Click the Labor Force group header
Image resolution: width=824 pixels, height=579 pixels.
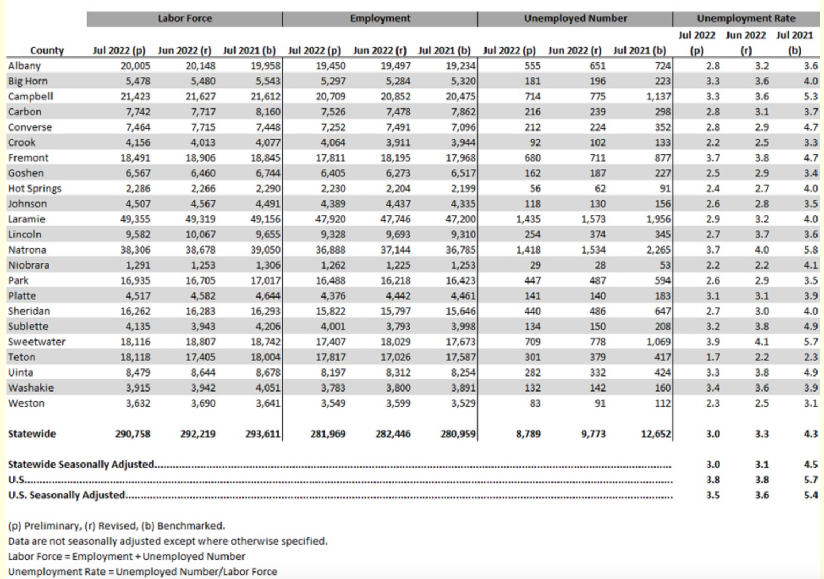185,19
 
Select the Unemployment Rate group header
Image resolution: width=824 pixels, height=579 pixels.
746,19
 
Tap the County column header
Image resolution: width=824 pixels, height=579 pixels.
47,50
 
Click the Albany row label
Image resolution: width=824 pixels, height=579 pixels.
24,66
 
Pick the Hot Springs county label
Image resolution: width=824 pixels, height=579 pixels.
34,189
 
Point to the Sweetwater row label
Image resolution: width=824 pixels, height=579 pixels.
36,342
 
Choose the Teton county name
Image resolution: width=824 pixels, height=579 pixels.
21,357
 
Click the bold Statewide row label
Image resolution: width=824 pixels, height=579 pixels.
32,434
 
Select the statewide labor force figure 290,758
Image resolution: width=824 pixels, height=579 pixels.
133,434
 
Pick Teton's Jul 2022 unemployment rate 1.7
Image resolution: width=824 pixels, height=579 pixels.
712,357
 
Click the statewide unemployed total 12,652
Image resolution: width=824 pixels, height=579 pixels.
656,434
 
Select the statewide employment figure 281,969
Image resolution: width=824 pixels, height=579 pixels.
328,434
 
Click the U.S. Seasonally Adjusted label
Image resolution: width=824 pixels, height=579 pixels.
67,495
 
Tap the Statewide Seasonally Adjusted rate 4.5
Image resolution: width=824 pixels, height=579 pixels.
810,465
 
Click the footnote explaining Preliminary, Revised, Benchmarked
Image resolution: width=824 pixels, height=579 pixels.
116,526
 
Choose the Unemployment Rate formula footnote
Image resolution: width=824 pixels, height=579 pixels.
142,571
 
